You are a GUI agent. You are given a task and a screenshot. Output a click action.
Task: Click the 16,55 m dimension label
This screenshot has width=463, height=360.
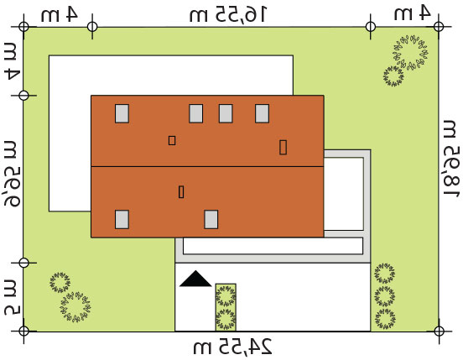(227, 14)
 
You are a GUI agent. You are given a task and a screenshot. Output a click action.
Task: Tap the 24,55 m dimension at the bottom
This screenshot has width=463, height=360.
(232, 347)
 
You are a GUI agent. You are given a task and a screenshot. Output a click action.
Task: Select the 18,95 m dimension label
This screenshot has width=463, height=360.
(452, 159)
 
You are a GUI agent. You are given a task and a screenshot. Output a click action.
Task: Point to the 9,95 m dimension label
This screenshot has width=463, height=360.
(12, 174)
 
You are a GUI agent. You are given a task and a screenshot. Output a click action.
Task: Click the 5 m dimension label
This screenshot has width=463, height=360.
(12, 298)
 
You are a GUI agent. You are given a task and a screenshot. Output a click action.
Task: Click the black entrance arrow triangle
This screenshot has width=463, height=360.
(195, 279)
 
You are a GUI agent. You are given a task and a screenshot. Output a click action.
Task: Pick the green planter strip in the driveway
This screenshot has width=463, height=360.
(226, 307)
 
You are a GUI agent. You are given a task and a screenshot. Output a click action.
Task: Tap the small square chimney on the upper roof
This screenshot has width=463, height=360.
(172, 140)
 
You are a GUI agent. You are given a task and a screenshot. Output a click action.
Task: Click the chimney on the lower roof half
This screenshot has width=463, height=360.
(181, 191)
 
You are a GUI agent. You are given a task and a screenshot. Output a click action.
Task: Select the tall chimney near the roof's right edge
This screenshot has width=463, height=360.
(283, 147)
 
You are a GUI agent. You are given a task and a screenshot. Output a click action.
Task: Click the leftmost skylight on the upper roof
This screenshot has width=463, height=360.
(122, 113)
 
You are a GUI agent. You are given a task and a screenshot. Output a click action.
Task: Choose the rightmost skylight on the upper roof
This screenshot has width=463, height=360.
(262, 113)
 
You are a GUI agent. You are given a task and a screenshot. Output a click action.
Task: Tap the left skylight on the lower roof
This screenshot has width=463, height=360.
(122, 219)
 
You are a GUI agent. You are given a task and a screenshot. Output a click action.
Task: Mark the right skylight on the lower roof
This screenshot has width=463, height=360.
(211, 219)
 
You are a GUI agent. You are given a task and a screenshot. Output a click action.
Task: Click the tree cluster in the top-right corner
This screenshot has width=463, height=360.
(405, 60)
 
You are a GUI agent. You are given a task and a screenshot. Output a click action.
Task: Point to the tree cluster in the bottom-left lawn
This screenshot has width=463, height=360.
(70, 297)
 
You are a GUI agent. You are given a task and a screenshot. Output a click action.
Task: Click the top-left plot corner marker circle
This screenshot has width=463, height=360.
(23, 27)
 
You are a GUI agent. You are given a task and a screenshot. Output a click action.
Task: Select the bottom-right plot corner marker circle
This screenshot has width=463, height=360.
(439, 331)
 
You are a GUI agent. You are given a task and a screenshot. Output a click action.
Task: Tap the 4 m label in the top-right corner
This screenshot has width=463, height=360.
(412, 13)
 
